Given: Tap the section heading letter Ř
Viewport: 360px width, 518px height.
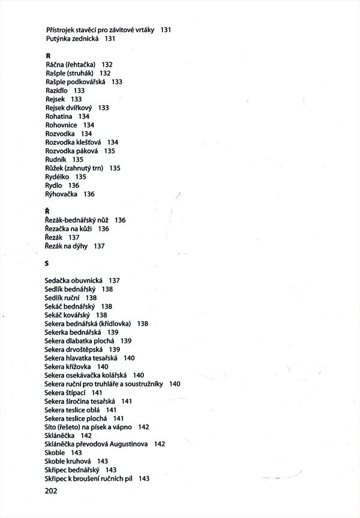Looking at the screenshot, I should [47, 211].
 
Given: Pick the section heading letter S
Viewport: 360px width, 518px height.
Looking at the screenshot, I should [46, 263].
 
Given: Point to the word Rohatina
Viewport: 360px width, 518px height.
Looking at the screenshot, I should [59, 116].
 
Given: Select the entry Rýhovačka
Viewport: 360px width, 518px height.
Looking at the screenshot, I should [61, 194].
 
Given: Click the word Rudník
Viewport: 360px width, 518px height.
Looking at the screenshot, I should [56, 160].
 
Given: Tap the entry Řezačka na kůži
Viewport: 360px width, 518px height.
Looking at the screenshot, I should [68, 229].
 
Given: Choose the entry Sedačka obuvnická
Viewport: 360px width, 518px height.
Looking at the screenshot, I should [74, 280].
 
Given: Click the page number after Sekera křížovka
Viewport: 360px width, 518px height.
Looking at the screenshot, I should [103, 366].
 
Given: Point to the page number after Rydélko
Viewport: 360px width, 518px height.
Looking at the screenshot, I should [81, 177].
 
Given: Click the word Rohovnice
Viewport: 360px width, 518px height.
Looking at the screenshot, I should [61, 125].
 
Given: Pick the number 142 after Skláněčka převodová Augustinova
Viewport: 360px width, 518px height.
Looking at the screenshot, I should [159, 444].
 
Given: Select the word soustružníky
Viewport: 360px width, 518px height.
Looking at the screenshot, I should [144, 384].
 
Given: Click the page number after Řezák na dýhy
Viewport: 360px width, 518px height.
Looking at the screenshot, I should [100, 246].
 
